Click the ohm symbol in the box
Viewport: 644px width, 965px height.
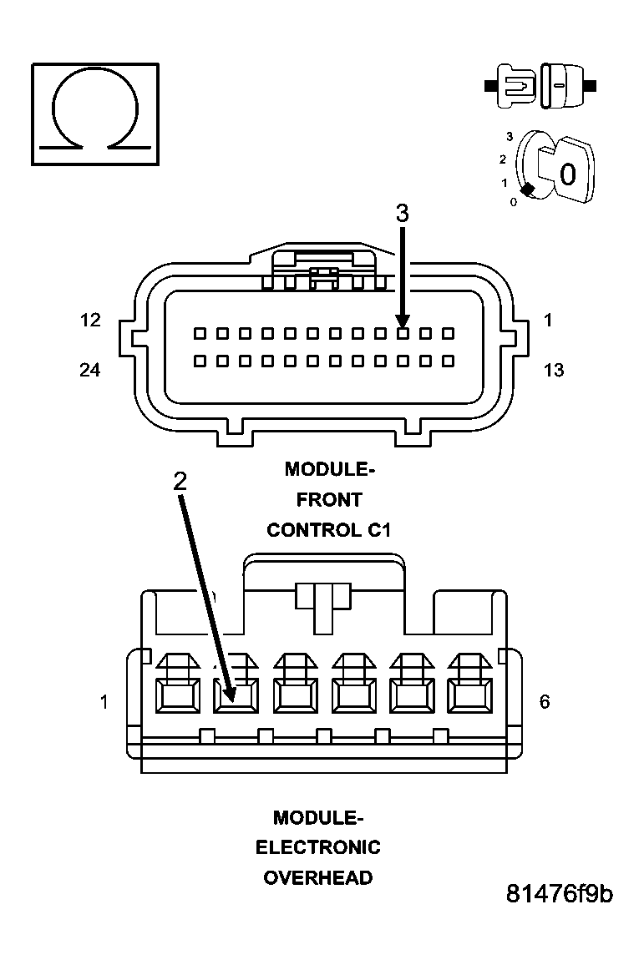[95, 112]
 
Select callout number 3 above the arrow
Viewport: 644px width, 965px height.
[402, 213]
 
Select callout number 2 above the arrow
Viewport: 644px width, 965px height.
[180, 480]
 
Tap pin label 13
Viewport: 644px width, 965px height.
[553, 370]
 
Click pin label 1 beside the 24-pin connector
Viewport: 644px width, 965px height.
[548, 320]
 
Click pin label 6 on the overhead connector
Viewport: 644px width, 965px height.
[545, 701]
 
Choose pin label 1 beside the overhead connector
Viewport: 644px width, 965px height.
[104, 702]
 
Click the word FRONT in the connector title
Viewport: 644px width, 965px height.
[329, 499]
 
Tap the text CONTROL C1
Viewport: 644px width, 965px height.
[329, 530]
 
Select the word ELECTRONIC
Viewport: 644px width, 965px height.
[317, 847]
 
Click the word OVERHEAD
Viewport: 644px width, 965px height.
[317, 878]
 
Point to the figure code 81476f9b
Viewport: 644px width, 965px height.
[559, 894]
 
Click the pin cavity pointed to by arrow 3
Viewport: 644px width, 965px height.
[403, 334]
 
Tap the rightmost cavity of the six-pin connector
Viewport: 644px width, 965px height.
[469, 694]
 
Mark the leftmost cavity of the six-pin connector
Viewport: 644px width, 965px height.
[177, 694]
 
